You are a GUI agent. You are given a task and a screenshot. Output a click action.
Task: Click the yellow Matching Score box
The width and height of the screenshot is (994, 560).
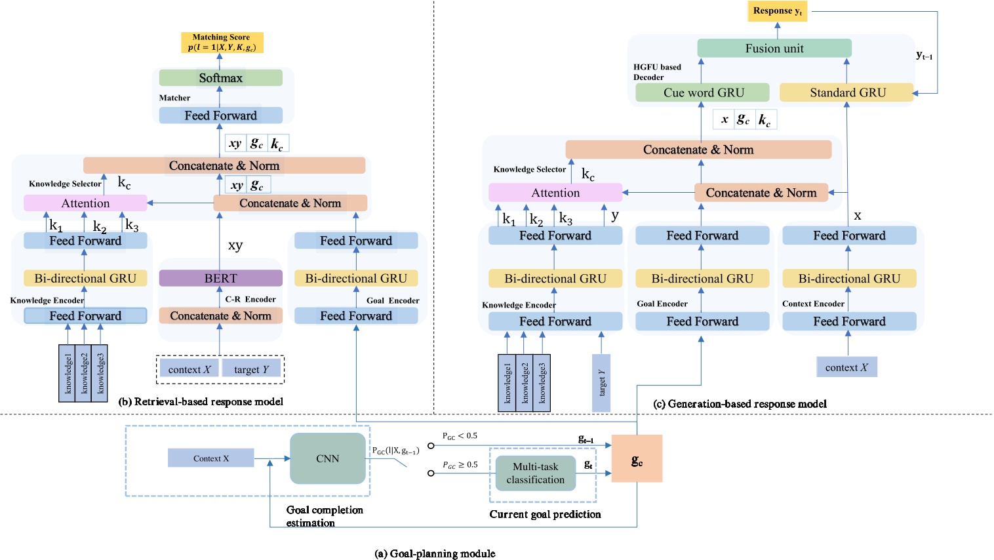pyautogui.click(x=222, y=43)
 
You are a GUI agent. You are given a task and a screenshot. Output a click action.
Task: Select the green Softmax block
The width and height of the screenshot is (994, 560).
pyautogui.click(x=220, y=78)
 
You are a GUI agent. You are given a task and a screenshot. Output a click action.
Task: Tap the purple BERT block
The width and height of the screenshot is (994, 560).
pyautogui.click(x=220, y=278)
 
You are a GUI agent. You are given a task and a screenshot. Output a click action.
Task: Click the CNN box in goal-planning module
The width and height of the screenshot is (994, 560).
pyautogui.click(x=328, y=458)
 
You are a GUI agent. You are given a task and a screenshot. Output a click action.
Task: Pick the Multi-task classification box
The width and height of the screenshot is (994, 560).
pyautogui.click(x=535, y=473)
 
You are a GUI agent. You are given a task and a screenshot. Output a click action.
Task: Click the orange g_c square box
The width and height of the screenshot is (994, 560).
pyautogui.click(x=637, y=458)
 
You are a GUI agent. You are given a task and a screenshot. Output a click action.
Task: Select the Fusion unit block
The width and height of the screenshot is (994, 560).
pyautogui.click(x=774, y=49)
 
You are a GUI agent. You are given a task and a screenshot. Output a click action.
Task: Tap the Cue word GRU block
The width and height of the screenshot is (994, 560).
pyautogui.click(x=703, y=92)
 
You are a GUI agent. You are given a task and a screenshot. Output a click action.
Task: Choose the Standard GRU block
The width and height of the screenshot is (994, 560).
pyautogui.click(x=846, y=92)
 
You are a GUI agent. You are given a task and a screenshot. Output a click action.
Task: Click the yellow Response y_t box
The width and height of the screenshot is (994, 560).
pyautogui.click(x=777, y=11)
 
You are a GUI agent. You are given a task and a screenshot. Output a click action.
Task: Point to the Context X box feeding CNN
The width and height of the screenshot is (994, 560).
pyautogui.click(x=210, y=458)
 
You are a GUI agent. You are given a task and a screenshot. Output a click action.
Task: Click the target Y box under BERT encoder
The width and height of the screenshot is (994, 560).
pyautogui.click(x=252, y=369)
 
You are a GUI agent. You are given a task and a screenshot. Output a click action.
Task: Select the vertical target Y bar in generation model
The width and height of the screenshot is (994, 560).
pyautogui.click(x=601, y=383)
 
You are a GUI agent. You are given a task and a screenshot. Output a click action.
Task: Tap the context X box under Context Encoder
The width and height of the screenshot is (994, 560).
pyautogui.click(x=846, y=367)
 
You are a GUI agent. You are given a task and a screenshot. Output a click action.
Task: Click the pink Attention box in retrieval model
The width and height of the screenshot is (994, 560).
pyautogui.click(x=85, y=203)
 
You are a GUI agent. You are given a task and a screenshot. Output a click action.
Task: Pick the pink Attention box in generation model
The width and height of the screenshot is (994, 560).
pyautogui.click(x=555, y=193)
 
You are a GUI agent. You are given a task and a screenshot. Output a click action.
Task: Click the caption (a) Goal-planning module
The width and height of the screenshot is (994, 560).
pyautogui.click(x=435, y=553)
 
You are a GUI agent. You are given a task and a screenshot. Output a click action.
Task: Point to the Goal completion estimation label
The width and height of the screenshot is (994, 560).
pyautogui.click(x=324, y=516)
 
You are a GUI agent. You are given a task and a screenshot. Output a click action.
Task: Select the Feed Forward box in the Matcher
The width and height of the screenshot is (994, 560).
pyautogui.click(x=220, y=115)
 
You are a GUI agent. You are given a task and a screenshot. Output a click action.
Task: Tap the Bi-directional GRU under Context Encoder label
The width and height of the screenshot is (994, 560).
pyautogui.click(x=849, y=279)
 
